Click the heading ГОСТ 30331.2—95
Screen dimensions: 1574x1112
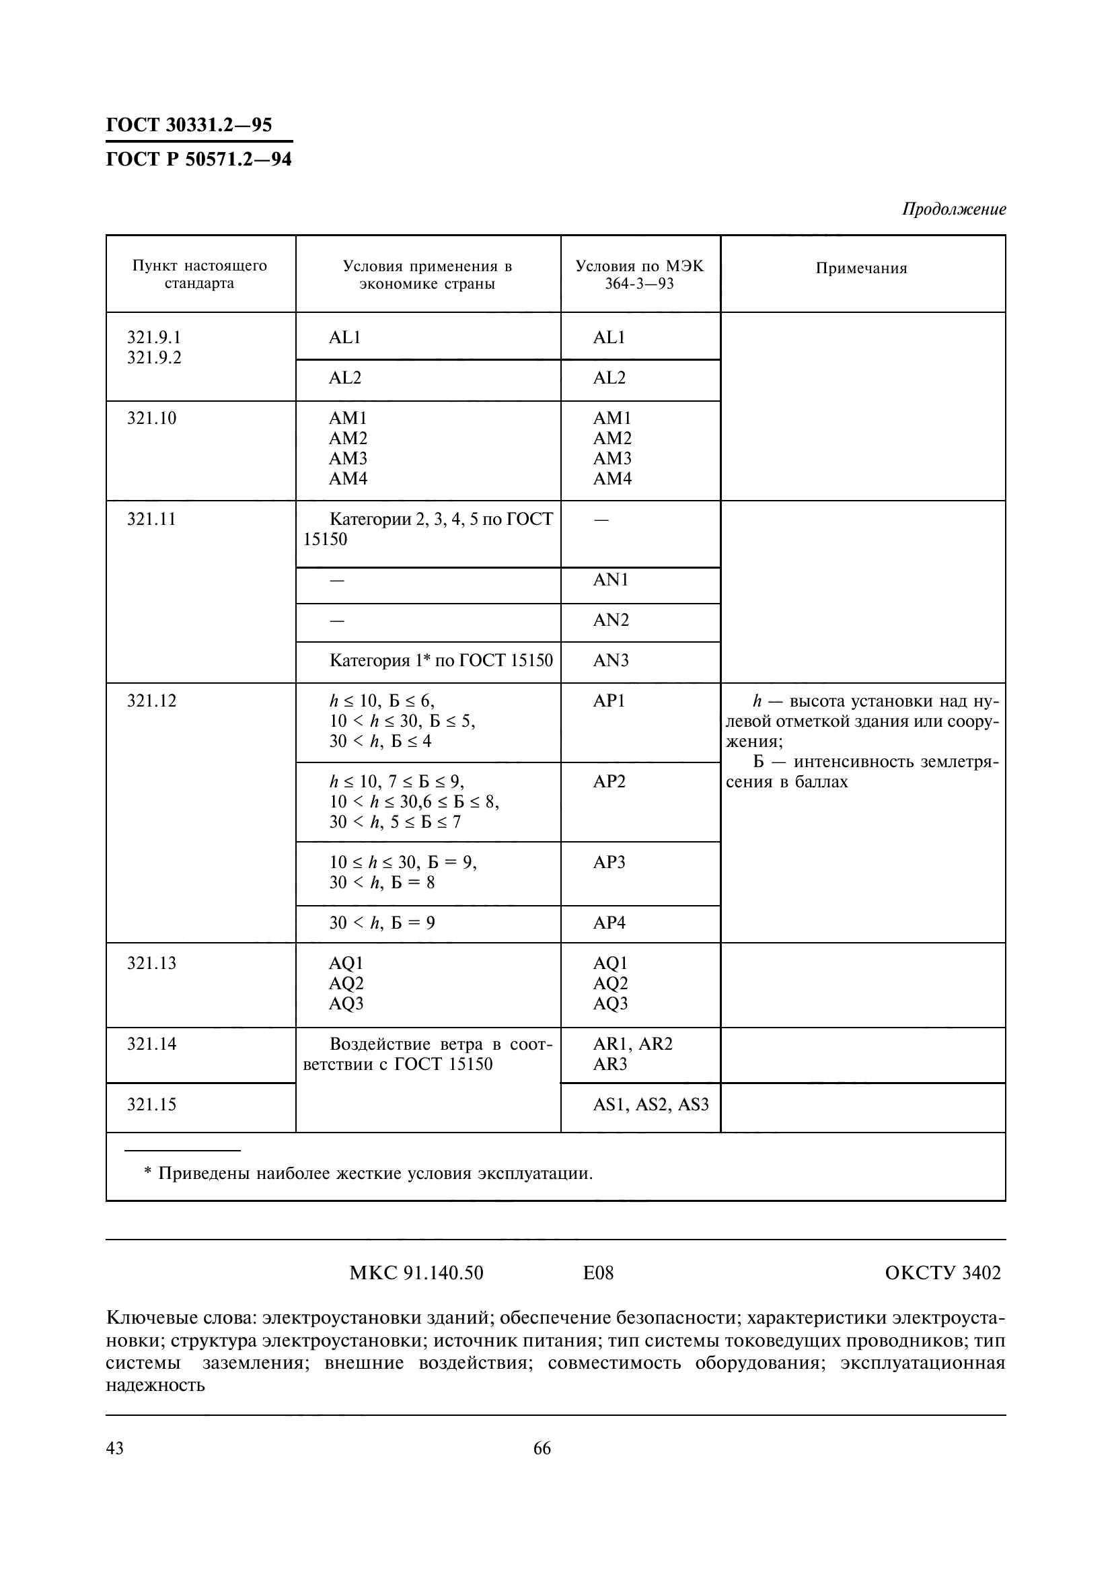pos(188,124)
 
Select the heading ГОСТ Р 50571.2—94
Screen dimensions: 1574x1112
pos(198,159)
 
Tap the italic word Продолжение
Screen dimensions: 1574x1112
pos(953,209)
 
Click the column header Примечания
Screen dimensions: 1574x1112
pos(861,268)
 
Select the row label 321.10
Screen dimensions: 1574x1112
pos(151,418)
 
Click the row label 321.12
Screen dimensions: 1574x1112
pos(151,701)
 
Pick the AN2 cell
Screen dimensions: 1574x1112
pos(610,620)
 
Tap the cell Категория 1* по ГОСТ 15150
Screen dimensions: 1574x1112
pos(441,660)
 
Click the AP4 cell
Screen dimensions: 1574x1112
pos(609,923)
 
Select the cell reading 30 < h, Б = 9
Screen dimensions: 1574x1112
pos(381,923)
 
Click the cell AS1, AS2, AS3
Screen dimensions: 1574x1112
pos(651,1104)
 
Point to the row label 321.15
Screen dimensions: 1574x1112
pos(151,1104)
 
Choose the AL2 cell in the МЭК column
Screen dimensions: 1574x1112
pos(609,378)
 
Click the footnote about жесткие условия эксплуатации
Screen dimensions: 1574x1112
pos(369,1173)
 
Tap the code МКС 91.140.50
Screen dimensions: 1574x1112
pos(416,1273)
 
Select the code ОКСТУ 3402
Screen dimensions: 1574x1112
pos(942,1273)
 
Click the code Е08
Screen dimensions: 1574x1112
pos(597,1273)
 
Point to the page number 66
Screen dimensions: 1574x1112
pos(542,1449)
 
